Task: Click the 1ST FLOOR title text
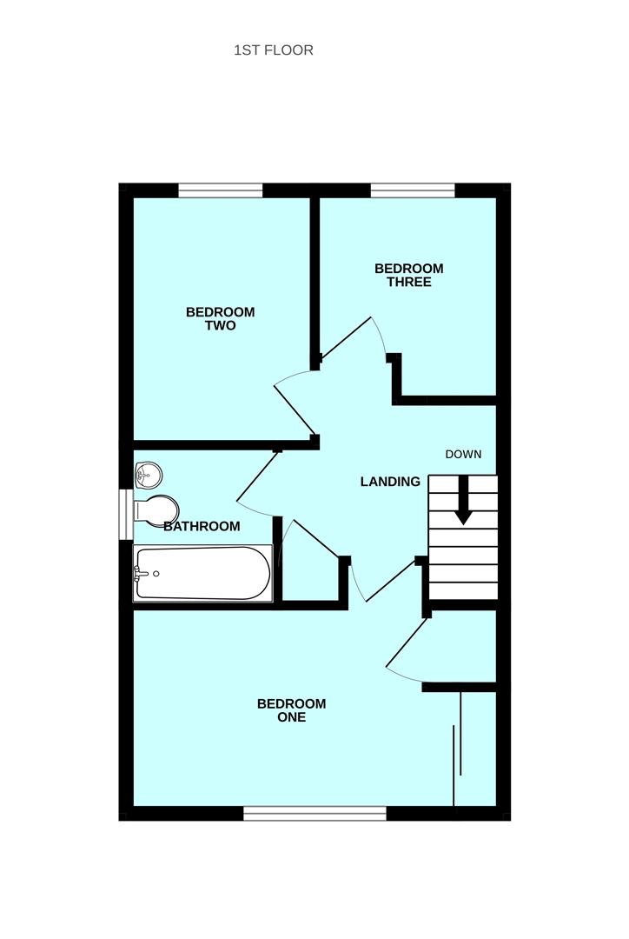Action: [x=274, y=50]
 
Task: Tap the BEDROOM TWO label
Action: [x=221, y=319]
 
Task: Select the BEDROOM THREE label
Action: [x=408, y=275]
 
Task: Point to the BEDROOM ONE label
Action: [x=292, y=710]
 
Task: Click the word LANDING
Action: [x=390, y=482]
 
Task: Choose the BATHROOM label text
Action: [x=202, y=526]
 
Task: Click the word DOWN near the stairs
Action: [x=463, y=454]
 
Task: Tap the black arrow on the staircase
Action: [x=463, y=502]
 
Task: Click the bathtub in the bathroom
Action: [x=202, y=573]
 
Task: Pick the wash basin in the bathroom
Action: [x=149, y=474]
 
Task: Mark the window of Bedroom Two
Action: [x=221, y=190]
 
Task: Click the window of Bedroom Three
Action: [x=413, y=190]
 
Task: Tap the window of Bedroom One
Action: [x=314, y=813]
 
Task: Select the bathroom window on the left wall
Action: [x=125, y=514]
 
